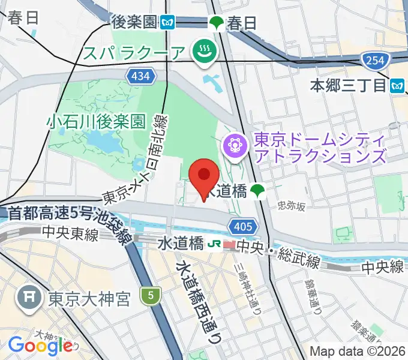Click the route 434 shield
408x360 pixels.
tap(139, 75)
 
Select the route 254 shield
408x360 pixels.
tap(376, 60)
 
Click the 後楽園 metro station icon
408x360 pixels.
tap(167, 23)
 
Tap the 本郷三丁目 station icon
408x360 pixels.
tap(396, 85)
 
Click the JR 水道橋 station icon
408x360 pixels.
tap(212, 245)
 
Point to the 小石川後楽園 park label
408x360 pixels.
tap(96, 122)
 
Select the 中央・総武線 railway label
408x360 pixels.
tap(278, 246)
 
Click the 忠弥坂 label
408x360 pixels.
tap(292, 206)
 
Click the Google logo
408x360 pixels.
tap(40, 345)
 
